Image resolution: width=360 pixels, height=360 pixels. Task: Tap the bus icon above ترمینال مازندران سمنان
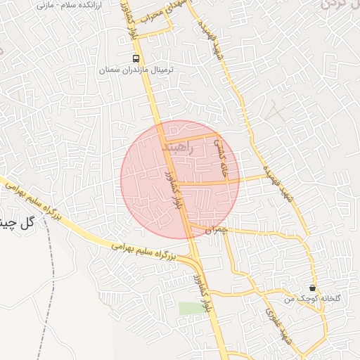tap(136, 58)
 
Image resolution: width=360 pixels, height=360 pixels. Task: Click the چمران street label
tap(219, 229)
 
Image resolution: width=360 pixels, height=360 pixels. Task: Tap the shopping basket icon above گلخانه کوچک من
tap(311, 288)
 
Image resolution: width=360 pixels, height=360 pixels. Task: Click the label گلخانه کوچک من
tap(312, 299)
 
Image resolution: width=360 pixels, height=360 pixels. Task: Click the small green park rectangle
tap(188, 309)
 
